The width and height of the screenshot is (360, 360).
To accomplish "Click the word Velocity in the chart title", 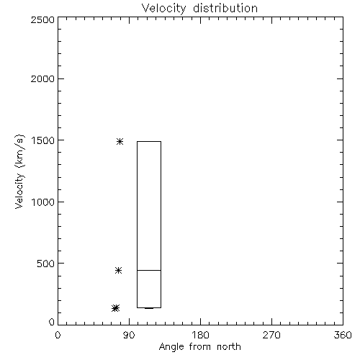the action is click(163, 9).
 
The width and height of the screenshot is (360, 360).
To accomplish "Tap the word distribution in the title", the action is click(225, 8).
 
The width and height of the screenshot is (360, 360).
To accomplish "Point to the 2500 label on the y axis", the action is click(42, 19).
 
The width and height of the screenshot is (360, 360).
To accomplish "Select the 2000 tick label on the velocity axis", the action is click(42, 78).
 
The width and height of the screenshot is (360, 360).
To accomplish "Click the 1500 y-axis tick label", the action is click(43, 140).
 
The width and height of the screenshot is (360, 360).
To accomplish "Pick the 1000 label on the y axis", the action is click(43, 202).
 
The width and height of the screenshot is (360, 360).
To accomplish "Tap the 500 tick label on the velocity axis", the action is click(46, 264).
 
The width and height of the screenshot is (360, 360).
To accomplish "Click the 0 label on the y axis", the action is click(52, 322).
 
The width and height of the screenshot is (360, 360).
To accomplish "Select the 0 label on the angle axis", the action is click(58, 335).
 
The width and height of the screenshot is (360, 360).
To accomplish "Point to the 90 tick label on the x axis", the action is click(129, 335).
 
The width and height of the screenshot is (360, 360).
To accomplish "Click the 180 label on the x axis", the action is click(200, 335).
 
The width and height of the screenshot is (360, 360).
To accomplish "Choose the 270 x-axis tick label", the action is click(271, 335).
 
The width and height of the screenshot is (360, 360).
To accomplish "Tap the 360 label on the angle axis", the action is click(343, 335).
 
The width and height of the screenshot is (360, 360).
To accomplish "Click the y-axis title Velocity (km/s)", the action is click(19, 171).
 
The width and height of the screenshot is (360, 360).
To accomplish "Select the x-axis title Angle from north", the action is click(200, 346).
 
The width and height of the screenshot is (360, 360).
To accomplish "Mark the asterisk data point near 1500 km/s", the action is click(120, 141).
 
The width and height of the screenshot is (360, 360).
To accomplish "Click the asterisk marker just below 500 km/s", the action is click(118, 271).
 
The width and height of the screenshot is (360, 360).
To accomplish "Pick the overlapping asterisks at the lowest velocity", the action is click(116, 308).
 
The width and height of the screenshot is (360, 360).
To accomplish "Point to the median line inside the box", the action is click(149, 270).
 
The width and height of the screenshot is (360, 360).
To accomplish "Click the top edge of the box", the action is click(149, 141).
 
